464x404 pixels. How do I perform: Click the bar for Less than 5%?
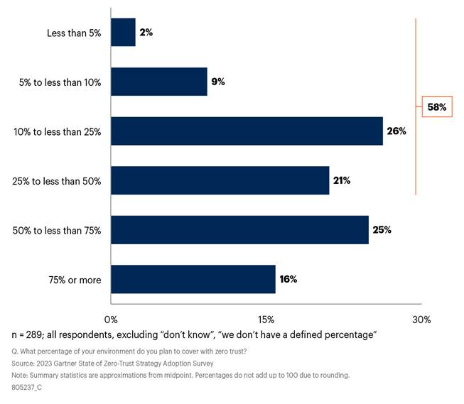click(123, 33)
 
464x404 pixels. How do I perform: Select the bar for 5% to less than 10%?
click(159, 82)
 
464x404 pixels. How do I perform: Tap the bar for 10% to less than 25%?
click(247, 131)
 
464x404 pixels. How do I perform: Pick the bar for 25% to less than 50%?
click(220, 180)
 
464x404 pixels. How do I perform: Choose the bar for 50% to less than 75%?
click(239, 230)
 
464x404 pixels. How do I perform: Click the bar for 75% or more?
click(193, 279)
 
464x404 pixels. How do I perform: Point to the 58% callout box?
click(437, 107)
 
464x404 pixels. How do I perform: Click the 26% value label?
click(396, 131)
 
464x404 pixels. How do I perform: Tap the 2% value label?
click(146, 33)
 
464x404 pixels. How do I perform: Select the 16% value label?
click(288, 279)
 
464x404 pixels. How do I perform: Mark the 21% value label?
click(342, 180)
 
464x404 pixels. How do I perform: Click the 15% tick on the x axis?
click(266, 319)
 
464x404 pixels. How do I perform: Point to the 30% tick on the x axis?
click(421, 319)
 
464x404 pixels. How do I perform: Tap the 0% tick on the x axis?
click(112, 319)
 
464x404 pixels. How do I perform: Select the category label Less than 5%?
click(73, 33)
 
